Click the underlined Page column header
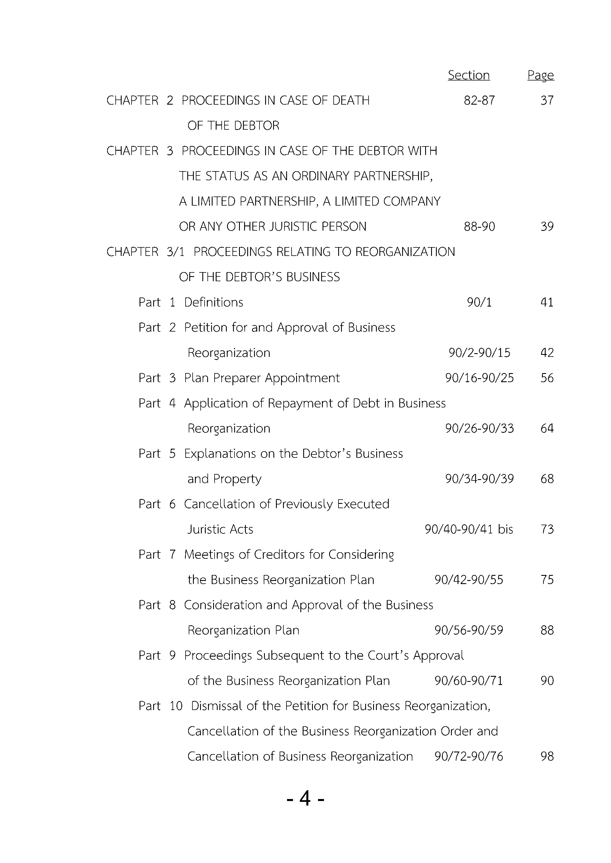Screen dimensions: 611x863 click(x=540, y=75)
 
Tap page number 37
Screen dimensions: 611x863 click(x=547, y=100)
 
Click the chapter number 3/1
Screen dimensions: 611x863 click(x=175, y=252)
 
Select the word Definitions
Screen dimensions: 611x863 click(x=213, y=302)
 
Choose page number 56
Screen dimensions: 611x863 click(x=547, y=378)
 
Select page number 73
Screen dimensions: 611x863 click(x=547, y=529)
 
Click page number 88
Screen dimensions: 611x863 click(x=547, y=630)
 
